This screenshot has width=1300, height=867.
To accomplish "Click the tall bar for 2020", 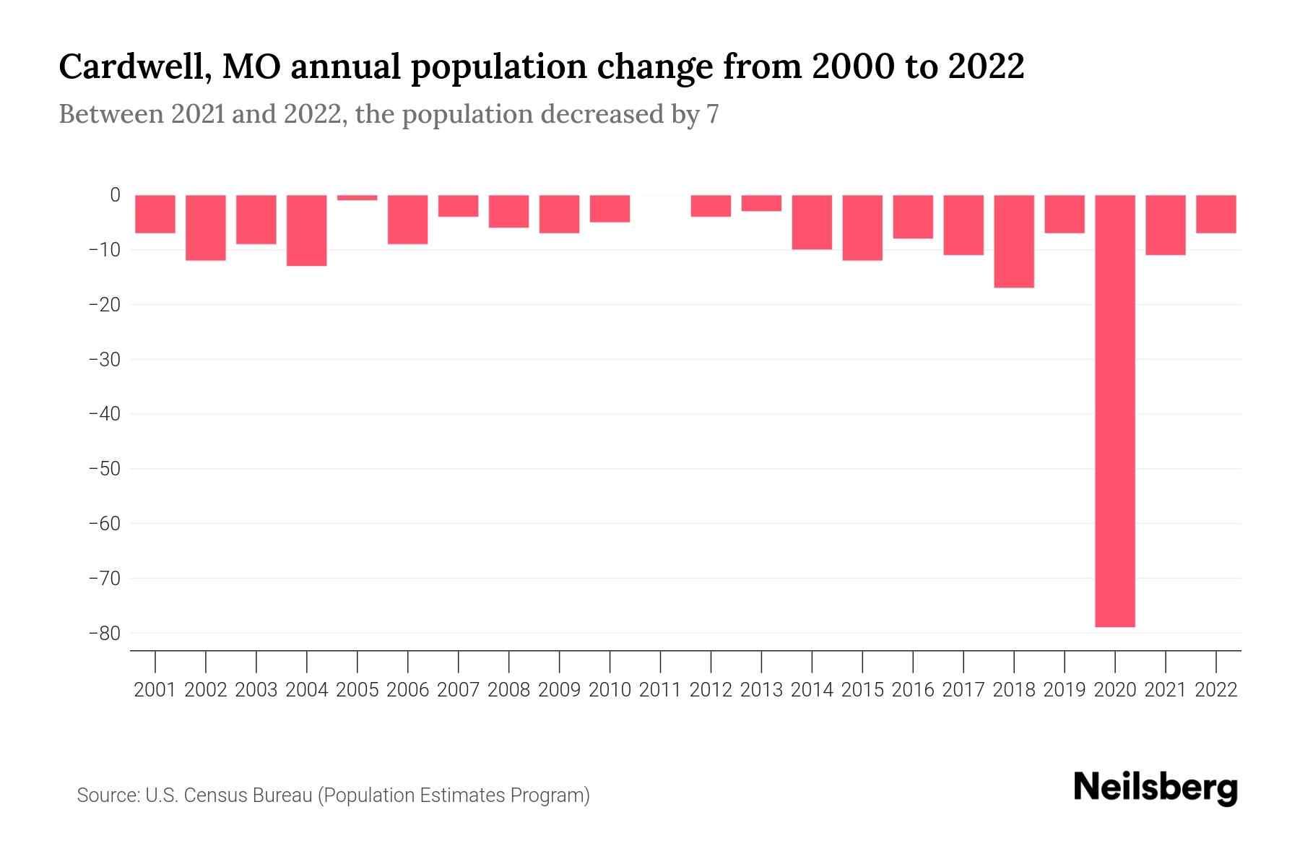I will (x=1114, y=410).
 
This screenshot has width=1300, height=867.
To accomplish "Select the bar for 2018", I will (x=1013, y=241).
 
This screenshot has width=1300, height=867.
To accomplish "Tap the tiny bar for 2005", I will (x=357, y=197).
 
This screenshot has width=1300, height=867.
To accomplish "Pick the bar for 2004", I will (x=307, y=230).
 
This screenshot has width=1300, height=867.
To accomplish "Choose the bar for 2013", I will (x=761, y=203).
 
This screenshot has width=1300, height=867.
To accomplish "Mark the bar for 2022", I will (x=1215, y=214).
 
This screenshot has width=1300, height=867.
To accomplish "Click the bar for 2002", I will (x=206, y=228).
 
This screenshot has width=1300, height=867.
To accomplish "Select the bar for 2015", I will (x=862, y=228).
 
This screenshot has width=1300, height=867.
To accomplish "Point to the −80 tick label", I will (x=104, y=634).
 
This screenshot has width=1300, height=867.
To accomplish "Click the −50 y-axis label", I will (x=104, y=469).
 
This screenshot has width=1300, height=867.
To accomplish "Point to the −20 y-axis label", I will (x=104, y=305).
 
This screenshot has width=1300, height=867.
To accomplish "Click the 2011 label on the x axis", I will (x=660, y=690).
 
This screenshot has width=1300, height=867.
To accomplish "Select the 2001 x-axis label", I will (x=155, y=690).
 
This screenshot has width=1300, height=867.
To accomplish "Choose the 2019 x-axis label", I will (x=1064, y=690).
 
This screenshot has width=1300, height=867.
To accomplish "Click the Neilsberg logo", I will (x=1156, y=788).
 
